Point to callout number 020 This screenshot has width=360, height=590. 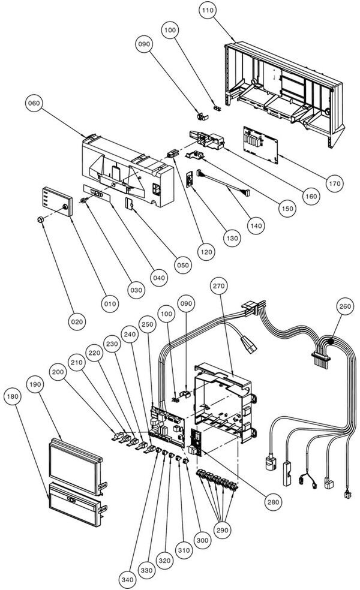pyautogui.click(x=77, y=322)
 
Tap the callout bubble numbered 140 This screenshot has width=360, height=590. pyautogui.click(x=256, y=226)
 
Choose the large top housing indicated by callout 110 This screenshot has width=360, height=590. pyautogui.click(x=282, y=84)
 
